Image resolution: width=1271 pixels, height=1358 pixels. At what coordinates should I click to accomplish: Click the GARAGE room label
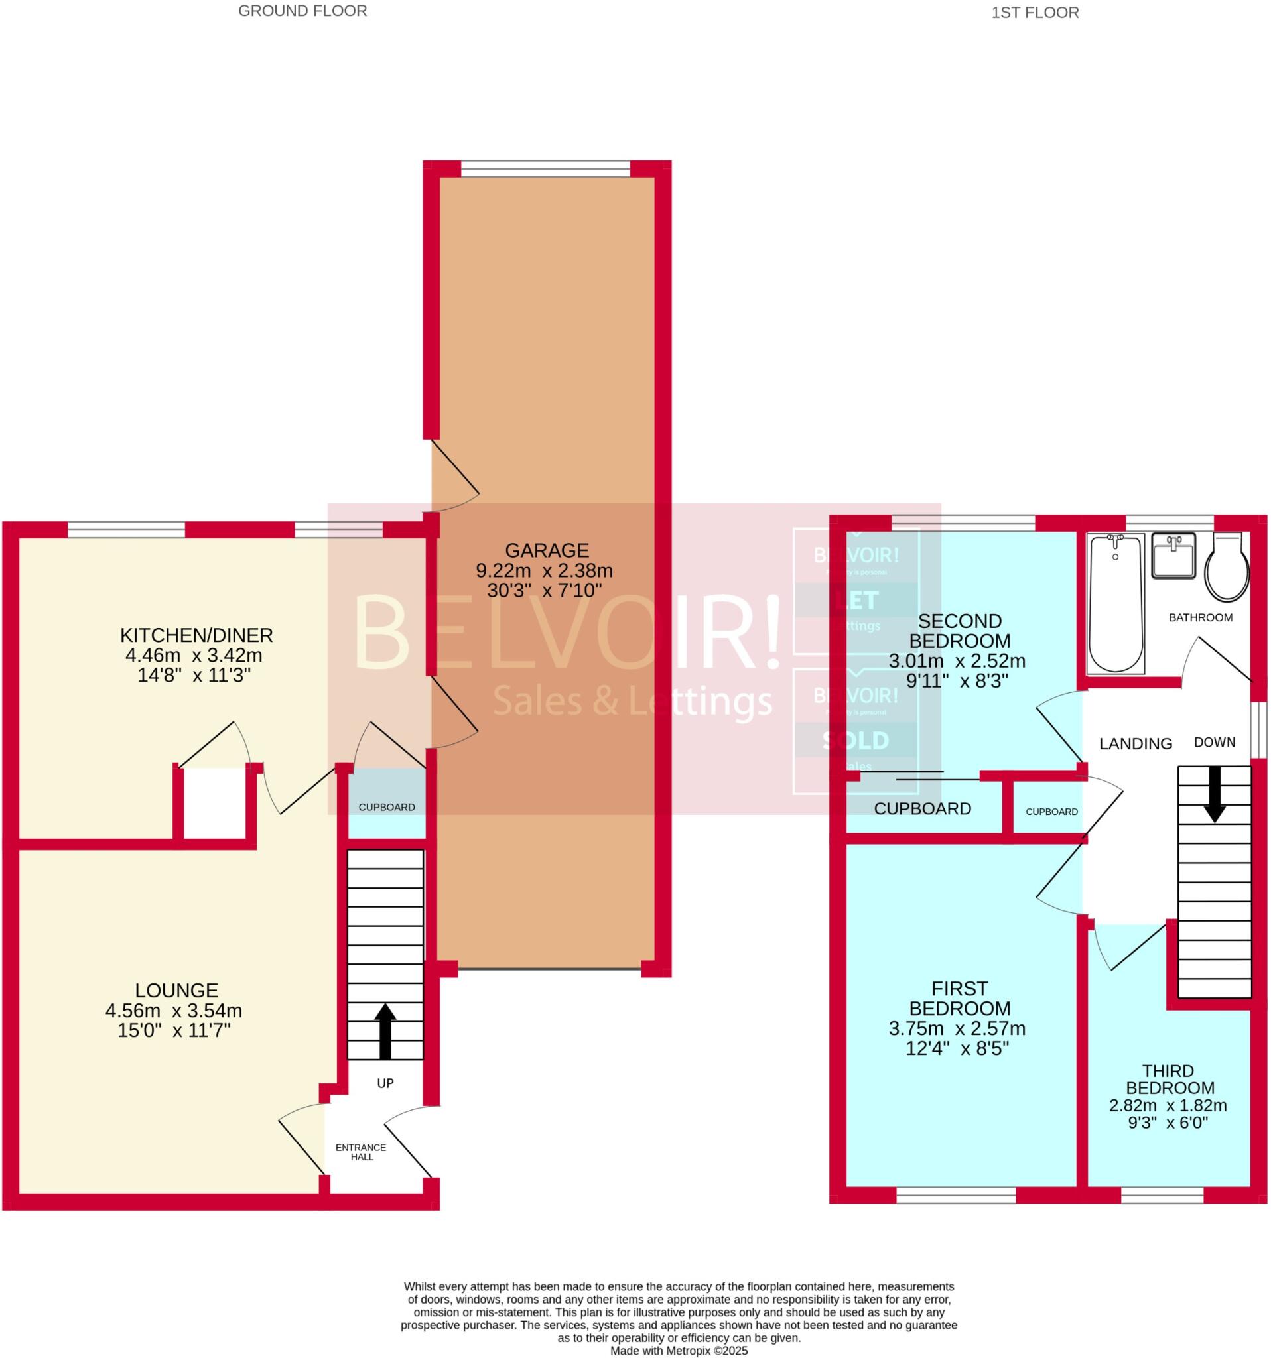pyautogui.click(x=546, y=550)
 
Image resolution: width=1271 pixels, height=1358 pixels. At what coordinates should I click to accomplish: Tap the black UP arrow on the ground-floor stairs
pyautogui.click(x=385, y=1030)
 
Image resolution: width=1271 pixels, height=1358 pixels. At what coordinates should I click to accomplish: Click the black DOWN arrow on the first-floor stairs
pyautogui.click(x=1215, y=794)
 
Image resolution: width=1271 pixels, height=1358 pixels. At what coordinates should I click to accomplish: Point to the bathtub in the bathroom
pyautogui.click(x=1115, y=603)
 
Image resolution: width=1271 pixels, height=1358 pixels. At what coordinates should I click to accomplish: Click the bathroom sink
pyautogui.click(x=1173, y=556)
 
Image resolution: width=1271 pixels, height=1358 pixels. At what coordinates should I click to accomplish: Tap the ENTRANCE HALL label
pyautogui.click(x=361, y=1152)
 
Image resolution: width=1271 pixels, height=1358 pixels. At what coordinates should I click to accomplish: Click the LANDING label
pyautogui.click(x=1135, y=744)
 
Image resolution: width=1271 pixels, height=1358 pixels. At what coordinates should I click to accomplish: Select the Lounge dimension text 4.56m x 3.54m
pyautogui.click(x=174, y=1011)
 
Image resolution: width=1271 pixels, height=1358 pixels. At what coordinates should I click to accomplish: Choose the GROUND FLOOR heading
pyautogui.click(x=302, y=11)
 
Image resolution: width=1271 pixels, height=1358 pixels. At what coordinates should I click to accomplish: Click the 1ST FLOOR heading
pyautogui.click(x=1035, y=13)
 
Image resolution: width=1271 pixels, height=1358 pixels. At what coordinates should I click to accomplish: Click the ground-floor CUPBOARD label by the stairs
pyautogui.click(x=387, y=807)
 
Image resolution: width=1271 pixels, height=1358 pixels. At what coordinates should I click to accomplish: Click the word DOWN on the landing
pyautogui.click(x=1215, y=742)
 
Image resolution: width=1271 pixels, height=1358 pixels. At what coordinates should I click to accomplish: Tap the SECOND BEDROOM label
pyautogui.click(x=959, y=631)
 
